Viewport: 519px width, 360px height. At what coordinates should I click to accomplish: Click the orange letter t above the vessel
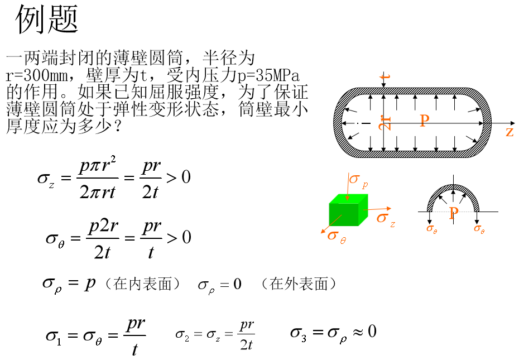tap(385, 76)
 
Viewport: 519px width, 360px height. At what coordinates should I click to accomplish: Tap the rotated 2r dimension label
tap(385, 123)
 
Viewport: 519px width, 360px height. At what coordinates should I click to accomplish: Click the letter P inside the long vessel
tap(425, 121)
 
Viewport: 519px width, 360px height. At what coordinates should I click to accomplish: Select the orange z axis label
tap(509, 132)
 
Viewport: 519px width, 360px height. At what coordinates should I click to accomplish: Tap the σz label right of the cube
tap(385, 218)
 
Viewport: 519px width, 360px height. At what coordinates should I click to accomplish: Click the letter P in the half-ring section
tap(454, 213)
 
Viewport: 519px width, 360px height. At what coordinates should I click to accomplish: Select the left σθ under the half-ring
tap(431, 228)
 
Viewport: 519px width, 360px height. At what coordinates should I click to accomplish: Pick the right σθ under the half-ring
tap(479, 228)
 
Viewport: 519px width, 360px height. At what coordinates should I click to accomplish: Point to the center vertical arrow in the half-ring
tap(453, 196)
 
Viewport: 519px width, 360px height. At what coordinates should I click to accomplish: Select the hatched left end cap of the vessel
tap(338, 123)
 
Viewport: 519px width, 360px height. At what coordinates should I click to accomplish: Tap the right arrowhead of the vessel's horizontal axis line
tap(481, 123)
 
